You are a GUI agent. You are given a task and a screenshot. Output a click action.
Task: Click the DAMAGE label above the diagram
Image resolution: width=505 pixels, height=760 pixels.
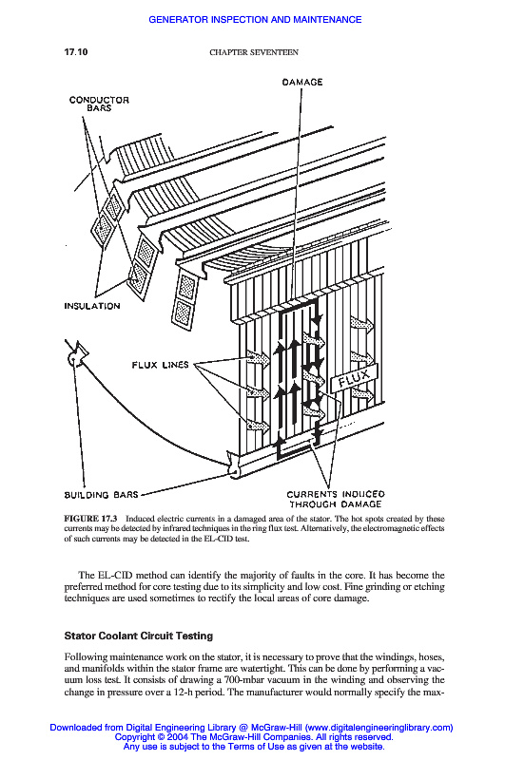click(x=302, y=82)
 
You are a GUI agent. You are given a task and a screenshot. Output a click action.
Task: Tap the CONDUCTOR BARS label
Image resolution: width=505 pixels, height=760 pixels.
click(x=99, y=104)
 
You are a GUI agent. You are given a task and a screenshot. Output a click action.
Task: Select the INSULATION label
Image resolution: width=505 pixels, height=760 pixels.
click(x=92, y=306)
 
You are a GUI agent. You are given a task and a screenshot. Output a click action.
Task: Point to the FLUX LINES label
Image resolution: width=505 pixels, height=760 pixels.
click(x=160, y=365)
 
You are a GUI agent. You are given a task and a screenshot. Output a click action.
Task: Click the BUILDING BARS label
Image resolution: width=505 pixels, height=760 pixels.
click(x=102, y=495)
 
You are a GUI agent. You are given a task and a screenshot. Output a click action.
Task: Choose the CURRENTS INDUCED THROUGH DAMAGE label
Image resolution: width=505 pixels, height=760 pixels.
click(x=336, y=499)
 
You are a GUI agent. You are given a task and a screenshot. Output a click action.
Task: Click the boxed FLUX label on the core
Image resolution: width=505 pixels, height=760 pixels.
click(x=354, y=378)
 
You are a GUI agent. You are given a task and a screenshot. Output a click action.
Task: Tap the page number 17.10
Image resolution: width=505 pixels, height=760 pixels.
click(x=76, y=52)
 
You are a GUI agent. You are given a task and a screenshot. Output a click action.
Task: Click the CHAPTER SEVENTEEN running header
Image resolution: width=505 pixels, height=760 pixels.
click(x=254, y=52)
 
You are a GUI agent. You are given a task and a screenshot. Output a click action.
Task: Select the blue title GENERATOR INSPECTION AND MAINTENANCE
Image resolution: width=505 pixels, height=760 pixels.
click(x=255, y=19)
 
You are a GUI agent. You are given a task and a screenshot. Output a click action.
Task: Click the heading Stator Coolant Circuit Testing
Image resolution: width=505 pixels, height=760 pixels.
click(x=139, y=636)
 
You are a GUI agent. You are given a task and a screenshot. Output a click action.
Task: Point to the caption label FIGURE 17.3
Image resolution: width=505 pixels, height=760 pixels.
click(x=90, y=519)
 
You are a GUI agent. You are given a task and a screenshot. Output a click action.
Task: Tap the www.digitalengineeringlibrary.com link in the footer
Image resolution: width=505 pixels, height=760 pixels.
click(x=379, y=727)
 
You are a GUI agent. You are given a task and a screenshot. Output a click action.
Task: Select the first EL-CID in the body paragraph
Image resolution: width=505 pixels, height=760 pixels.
click(x=115, y=576)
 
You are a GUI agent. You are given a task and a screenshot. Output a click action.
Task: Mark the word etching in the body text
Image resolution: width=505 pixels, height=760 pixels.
click(x=429, y=586)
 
